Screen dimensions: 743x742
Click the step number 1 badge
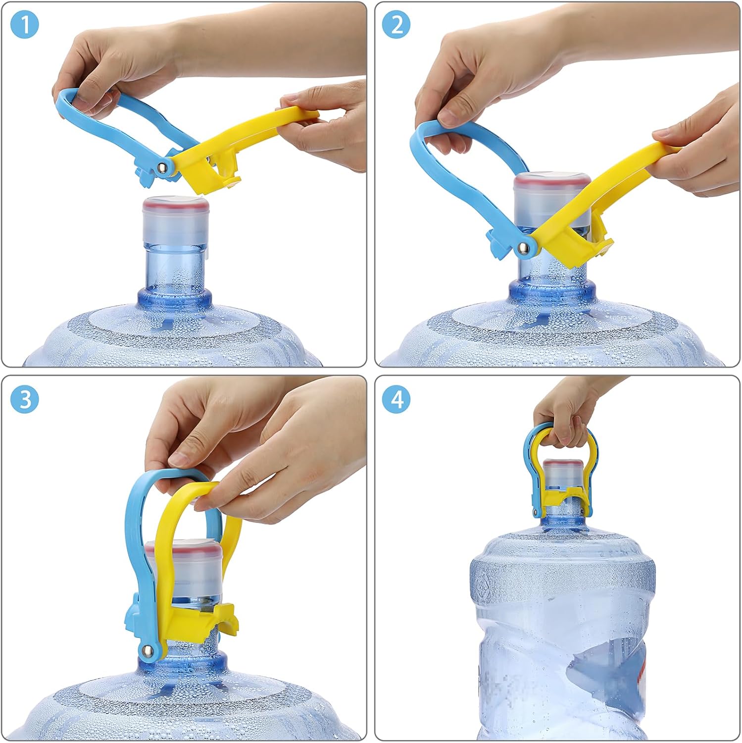click(24, 24)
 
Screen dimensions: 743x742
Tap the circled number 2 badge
click(396, 24)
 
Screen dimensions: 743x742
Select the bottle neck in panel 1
click(174, 270)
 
